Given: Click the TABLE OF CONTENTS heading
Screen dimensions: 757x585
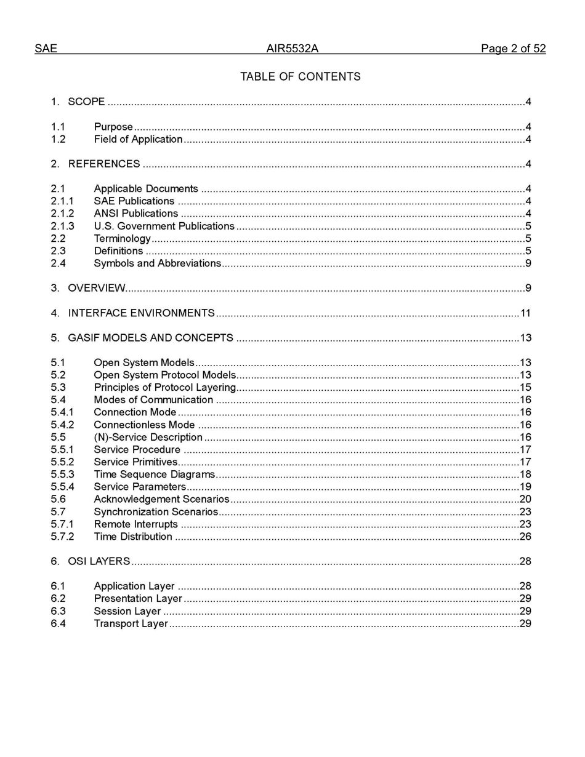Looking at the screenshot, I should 300,77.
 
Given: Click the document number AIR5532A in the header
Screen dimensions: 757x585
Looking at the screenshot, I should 292,49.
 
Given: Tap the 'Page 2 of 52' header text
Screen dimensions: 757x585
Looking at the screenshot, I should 513,49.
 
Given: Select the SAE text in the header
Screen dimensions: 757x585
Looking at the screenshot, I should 46,49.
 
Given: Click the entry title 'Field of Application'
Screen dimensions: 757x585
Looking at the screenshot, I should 138,140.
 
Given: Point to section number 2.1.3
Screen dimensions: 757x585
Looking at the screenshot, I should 62,226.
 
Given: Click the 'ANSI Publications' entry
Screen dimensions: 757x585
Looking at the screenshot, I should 135,214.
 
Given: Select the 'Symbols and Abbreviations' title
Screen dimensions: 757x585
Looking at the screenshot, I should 157,263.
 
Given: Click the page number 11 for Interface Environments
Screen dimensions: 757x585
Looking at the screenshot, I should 525,313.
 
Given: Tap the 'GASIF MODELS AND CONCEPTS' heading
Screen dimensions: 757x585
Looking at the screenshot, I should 150,338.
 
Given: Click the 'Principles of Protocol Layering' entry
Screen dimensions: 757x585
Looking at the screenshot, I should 164,388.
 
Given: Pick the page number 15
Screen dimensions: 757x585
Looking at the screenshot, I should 525,388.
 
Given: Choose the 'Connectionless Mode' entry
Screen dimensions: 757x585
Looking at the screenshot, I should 144,425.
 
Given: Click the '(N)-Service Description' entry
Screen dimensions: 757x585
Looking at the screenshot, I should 148,438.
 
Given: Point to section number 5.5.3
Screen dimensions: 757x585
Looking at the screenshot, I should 62,475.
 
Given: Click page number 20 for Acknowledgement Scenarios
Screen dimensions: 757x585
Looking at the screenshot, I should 525,499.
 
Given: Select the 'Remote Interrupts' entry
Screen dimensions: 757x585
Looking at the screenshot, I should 135,524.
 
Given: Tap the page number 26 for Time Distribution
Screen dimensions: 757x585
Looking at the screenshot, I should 525,537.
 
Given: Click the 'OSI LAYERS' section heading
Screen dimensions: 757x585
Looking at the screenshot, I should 99,561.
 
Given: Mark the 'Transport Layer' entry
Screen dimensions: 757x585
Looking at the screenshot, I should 131,624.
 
